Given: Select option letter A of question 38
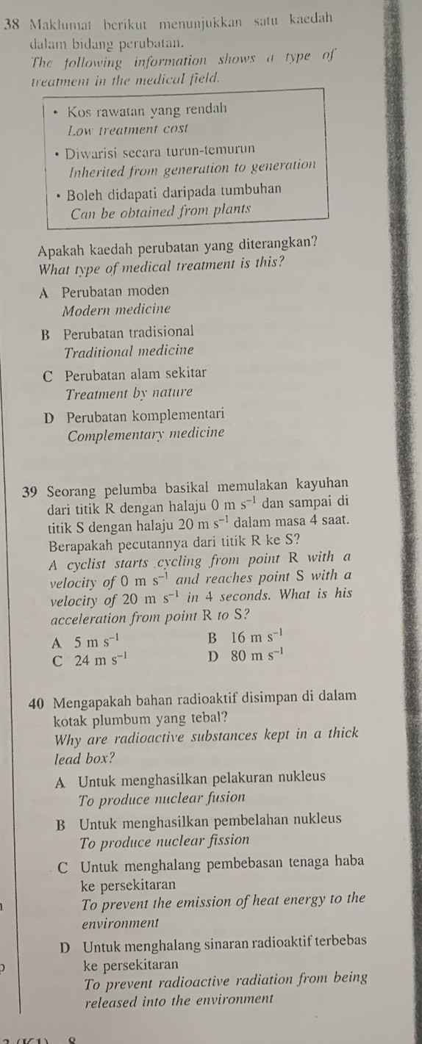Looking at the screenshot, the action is coord(45,292).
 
